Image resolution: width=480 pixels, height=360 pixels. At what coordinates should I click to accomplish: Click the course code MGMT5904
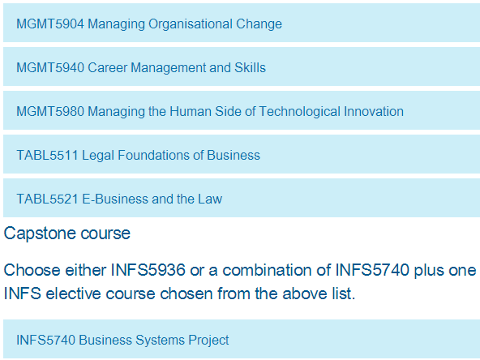pyautogui.click(x=50, y=24)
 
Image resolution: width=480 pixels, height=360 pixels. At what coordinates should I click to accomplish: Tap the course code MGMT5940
pyautogui.click(x=50, y=67)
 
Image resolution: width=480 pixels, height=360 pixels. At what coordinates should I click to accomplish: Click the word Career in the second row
pyautogui.click(x=108, y=67)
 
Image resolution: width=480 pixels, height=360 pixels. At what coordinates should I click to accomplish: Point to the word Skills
pyautogui.click(x=250, y=67)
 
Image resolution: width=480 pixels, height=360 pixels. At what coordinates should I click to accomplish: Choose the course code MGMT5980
pyautogui.click(x=50, y=111)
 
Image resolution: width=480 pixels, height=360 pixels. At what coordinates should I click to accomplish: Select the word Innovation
pyautogui.click(x=374, y=111)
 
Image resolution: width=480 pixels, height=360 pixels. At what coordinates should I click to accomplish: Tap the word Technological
pyautogui.click(x=300, y=111)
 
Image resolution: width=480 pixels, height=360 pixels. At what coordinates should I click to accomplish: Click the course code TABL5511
pyautogui.click(x=48, y=155)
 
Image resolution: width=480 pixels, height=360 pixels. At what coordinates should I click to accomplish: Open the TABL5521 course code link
pyautogui.click(x=48, y=199)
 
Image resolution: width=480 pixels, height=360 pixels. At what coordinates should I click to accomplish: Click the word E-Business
pyautogui.click(x=115, y=199)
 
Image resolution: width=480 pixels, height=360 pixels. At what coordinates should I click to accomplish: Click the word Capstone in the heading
pyautogui.click(x=40, y=234)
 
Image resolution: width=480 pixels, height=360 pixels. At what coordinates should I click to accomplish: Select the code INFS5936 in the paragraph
pyautogui.click(x=148, y=270)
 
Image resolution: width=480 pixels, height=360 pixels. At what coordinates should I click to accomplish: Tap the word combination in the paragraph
pyautogui.click(x=276, y=270)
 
